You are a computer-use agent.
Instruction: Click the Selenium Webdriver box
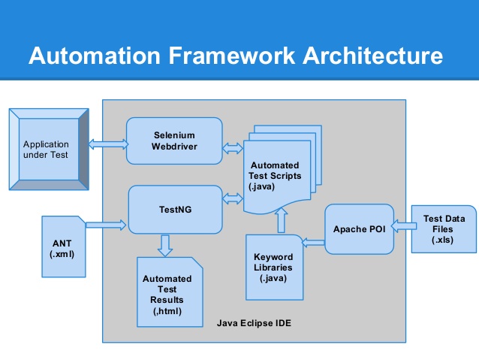(174, 141)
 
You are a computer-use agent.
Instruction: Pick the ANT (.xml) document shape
(64, 247)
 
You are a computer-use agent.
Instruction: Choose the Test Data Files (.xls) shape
(443, 228)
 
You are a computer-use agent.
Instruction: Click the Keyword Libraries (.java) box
(274, 267)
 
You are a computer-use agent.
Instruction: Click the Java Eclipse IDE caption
(254, 323)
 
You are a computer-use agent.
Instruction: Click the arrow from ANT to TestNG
(106, 223)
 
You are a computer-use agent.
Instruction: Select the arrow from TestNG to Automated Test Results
(166, 244)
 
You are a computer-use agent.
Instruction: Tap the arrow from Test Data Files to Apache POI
(403, 223)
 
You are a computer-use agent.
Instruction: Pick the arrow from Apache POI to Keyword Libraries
(312, 241)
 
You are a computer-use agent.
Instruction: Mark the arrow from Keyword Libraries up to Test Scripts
(282, 221)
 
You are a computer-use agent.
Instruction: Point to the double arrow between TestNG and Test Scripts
(233, 198)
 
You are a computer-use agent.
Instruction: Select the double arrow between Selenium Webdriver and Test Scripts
(233, 149)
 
